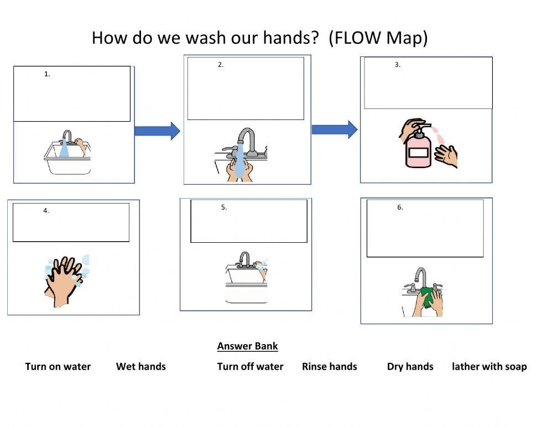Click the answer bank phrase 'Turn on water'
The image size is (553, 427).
click(x=58, y=367)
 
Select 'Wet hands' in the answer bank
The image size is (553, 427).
click(x=140, y=367)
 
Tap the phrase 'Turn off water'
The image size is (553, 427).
click(x=250, y=367)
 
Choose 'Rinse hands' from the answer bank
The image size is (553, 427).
click(x=330, y=367)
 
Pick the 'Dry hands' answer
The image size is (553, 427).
click(x=410, y=367)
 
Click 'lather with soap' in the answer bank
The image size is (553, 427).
click(x=489, y=367)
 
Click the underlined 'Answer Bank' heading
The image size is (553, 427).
click(x=247, y=346)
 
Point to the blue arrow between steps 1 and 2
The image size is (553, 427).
click(x=157, y=131)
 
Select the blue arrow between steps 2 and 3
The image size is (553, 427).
click(x=335, y=129)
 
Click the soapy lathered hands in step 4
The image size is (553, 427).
click(x=65, y=279)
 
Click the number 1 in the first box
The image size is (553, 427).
click(x=47, y=74)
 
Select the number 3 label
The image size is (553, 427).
click(x=397, y=65)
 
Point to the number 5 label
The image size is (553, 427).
click(x=223, y=207)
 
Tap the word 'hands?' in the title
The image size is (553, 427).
click(x=291, y=38)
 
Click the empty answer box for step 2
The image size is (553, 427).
click(x=246, y=91)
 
